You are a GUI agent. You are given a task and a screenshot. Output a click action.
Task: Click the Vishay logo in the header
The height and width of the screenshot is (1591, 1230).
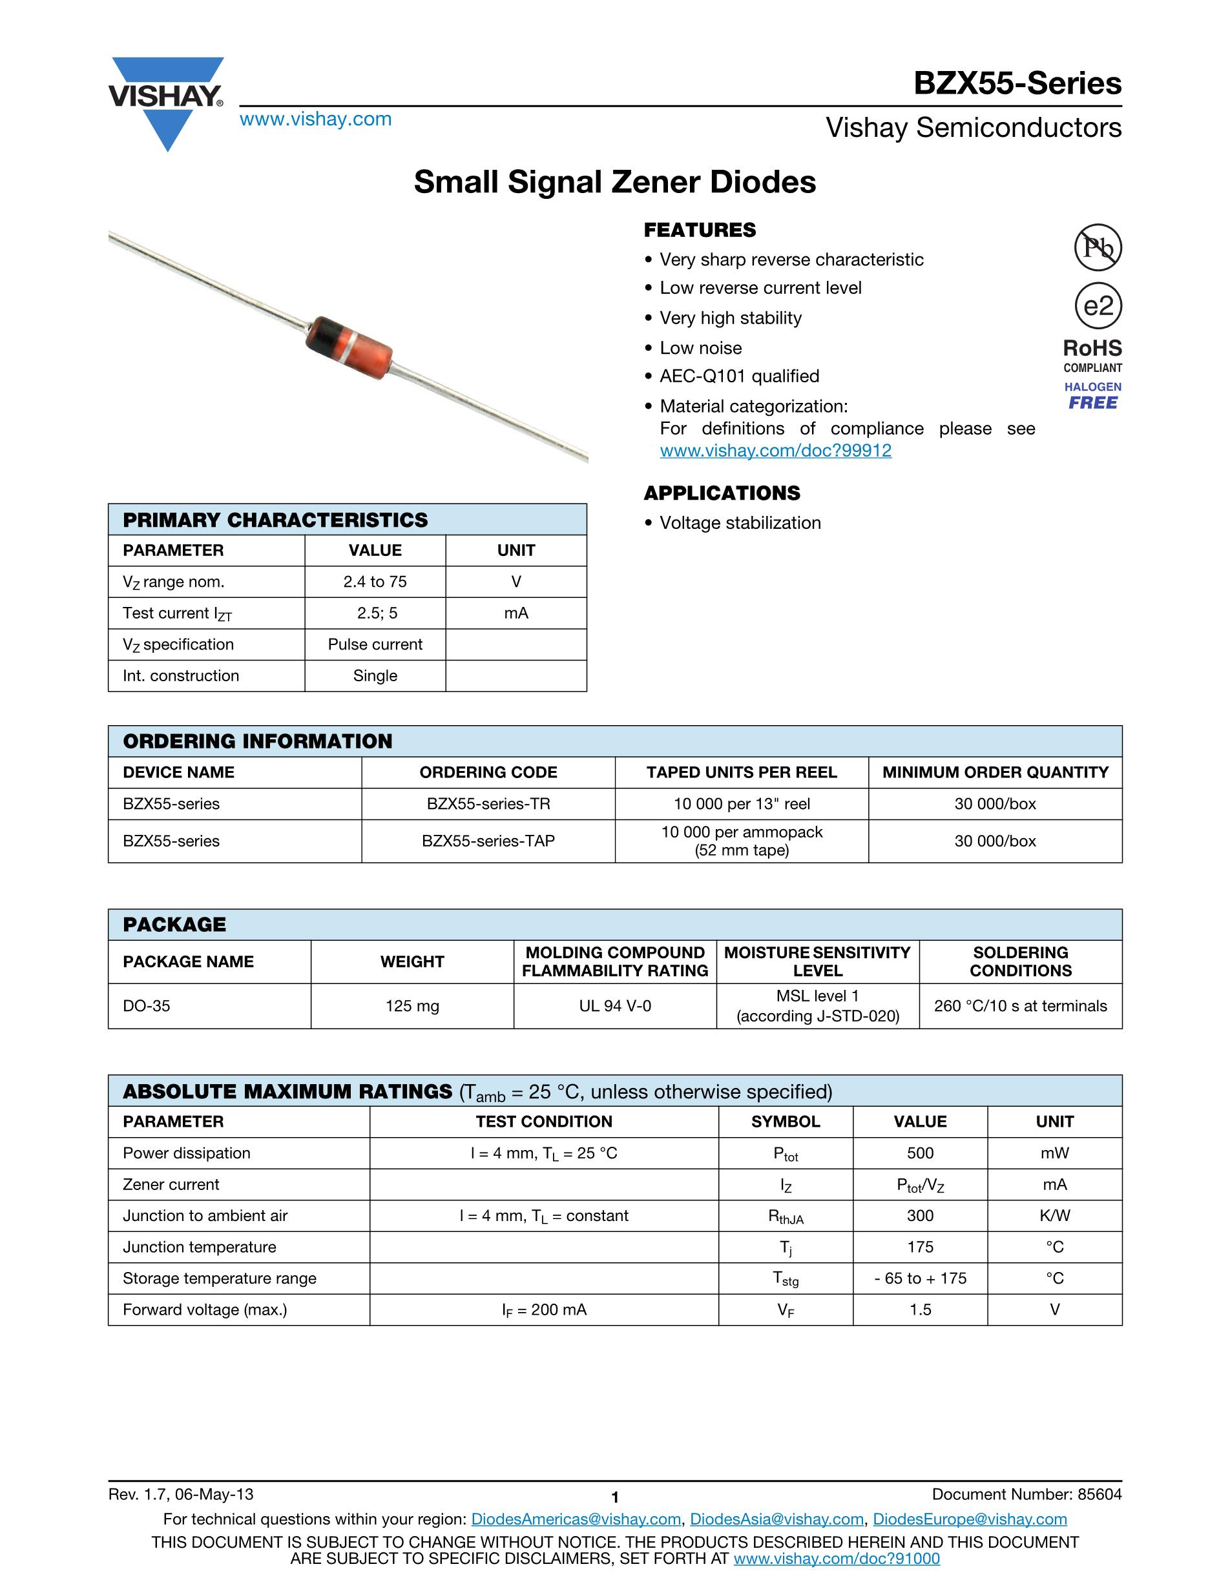coord(167,102)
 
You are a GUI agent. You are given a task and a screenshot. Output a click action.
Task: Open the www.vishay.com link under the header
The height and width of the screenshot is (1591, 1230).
coord(315,119)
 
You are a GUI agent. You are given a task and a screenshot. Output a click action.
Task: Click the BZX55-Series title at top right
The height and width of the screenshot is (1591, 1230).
coord(1017,84)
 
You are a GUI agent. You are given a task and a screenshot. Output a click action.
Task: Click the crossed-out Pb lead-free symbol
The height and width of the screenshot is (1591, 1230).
coord(1098,248)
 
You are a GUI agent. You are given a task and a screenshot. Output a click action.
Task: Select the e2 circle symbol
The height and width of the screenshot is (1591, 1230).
coord(1098,306)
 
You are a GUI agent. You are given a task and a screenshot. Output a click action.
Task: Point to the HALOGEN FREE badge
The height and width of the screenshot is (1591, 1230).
coord(1093,396)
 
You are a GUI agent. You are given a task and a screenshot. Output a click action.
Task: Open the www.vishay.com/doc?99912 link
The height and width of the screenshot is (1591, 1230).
coord(775,451)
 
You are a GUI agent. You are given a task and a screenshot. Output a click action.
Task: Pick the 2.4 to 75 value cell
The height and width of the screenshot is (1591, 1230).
coord(375,582)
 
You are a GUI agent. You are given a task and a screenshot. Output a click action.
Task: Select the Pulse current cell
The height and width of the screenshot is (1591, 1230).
coord(375,644)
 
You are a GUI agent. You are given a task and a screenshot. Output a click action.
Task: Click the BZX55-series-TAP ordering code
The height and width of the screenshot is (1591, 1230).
coord(488,841)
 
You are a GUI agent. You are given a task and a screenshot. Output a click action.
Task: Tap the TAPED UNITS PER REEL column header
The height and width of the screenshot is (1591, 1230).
coord(742,773)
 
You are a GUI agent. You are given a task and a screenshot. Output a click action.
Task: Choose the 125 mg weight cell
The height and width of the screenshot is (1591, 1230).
coord(412,1007)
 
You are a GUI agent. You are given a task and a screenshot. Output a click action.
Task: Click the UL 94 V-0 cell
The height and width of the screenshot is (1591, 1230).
coord(615,1007)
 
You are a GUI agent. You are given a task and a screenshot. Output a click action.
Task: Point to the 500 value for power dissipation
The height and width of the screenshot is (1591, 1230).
coord(921,1153)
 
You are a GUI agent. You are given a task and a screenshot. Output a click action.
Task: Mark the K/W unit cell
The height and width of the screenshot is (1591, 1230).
coord(1054,1216)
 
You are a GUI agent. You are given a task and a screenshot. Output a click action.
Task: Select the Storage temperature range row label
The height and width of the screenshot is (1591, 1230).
coord(220,1278)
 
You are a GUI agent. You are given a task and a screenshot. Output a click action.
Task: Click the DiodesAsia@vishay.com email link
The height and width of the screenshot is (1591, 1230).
coord(777,1519)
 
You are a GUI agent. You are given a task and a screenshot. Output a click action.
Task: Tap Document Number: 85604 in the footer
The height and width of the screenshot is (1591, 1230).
coord(1027,1495)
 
